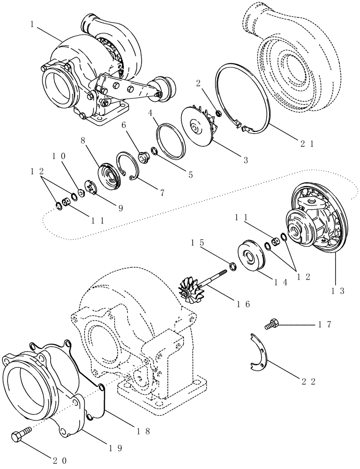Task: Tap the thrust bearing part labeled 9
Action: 90,186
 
